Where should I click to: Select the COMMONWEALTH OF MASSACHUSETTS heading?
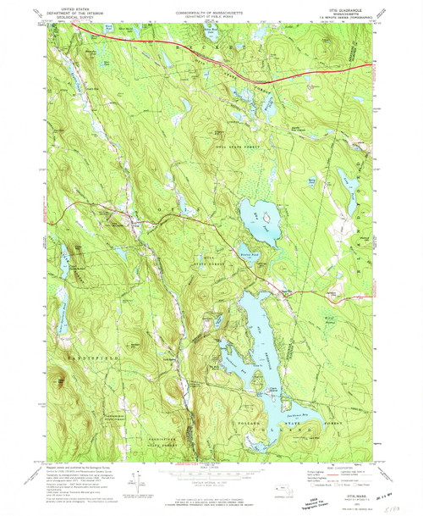click(x=210, y=8)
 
